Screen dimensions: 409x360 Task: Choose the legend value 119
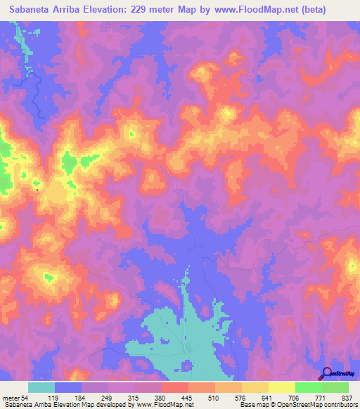[55, 398]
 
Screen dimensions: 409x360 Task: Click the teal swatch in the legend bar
[41, 387]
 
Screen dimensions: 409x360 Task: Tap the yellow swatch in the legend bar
[282, 387]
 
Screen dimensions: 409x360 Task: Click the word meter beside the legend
[9, 398]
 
